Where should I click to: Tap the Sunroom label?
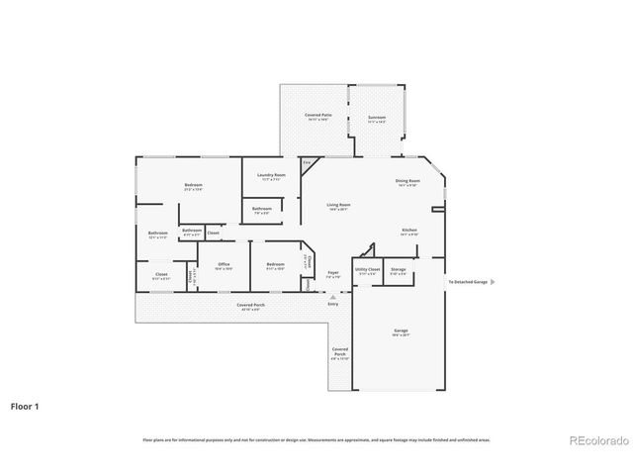tap(377, 118)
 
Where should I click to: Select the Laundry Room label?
tap(271, 177)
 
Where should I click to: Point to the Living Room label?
tap(339, 207)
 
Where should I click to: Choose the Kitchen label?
tap(408, 232)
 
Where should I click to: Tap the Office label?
tap(224, 265)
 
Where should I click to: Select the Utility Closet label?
tap(367, 270)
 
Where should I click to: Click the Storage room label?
tap(398, 270)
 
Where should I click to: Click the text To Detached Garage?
tap(467, 282)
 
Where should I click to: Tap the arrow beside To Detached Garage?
tap(494, 282)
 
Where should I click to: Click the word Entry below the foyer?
tap(333, 304)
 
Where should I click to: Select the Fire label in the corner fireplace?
tap(308, 162)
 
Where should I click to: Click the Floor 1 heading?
tap(25, 406)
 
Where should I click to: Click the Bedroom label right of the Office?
tap(276, 265)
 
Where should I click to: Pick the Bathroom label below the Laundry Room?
tap(261, 210)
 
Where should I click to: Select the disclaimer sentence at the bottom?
tap(316, 439)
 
